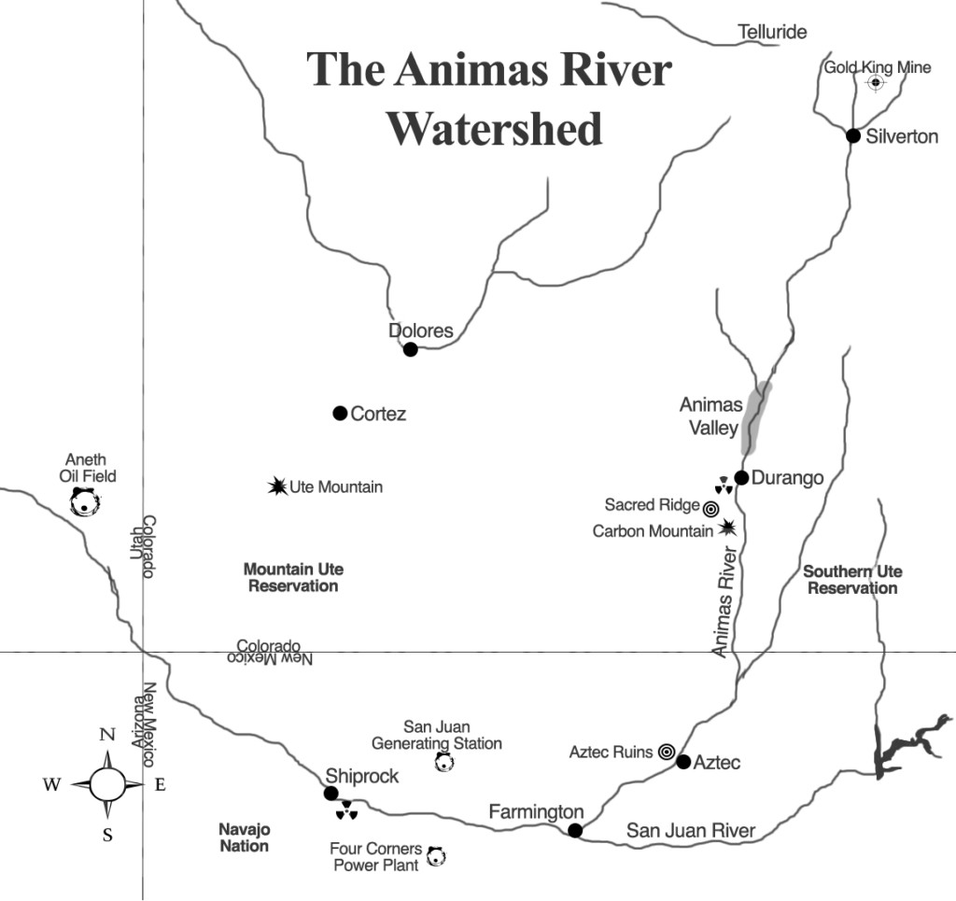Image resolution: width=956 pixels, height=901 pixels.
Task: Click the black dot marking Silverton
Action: [x=852, y=135]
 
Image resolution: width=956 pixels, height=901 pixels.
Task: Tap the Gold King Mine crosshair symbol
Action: [x=876, y=83]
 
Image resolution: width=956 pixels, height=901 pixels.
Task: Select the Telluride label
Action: [x=772, y=33]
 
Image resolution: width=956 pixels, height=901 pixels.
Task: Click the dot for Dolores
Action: [x=410, y=349]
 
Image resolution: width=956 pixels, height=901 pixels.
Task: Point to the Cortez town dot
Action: [x=340, y=413]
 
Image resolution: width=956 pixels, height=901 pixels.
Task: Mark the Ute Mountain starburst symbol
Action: [x=277, y=486]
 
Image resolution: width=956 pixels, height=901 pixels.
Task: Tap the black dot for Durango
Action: [x=741, y=477]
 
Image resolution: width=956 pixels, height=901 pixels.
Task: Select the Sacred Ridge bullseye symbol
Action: [x=710, y=509]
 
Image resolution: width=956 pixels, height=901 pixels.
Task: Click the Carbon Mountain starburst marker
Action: [x=728, y=528]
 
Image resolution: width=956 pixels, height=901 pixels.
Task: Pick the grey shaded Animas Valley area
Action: [x=754, y=418]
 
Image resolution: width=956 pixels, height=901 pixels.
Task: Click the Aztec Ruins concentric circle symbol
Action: [x=666, y=752]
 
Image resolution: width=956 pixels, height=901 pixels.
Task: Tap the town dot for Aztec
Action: [x=683, y=762]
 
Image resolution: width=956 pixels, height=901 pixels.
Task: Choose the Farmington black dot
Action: [x=575, y=830]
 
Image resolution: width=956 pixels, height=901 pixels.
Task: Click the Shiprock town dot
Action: [x=330, y=793]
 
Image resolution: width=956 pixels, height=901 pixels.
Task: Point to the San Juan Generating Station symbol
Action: [x=444, y=763]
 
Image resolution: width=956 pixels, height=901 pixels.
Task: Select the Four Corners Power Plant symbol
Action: [x=434, y=854]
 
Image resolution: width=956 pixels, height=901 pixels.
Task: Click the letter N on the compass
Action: [x=106, y=735]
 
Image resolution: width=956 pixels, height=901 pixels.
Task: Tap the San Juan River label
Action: [x=691, y=830]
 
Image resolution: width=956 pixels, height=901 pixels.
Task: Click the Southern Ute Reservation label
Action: [x=852, y=580]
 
